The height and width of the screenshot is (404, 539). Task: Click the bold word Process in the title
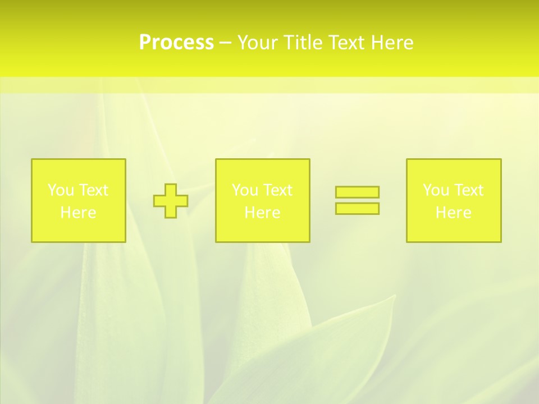coord(176,43)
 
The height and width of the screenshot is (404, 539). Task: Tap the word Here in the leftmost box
coord(78,213)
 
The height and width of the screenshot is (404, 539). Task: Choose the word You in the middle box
coord(244,190)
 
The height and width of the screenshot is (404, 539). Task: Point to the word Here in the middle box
coord(262,213)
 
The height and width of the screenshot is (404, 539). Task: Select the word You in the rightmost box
coord(435,190)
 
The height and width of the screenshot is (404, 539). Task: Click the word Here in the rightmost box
coord(453,213)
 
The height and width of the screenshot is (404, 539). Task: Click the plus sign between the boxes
coord(171,200)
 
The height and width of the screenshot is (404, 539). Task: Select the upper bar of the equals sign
coord(357,192)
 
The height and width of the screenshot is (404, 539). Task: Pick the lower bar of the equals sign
coord(357,208)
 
